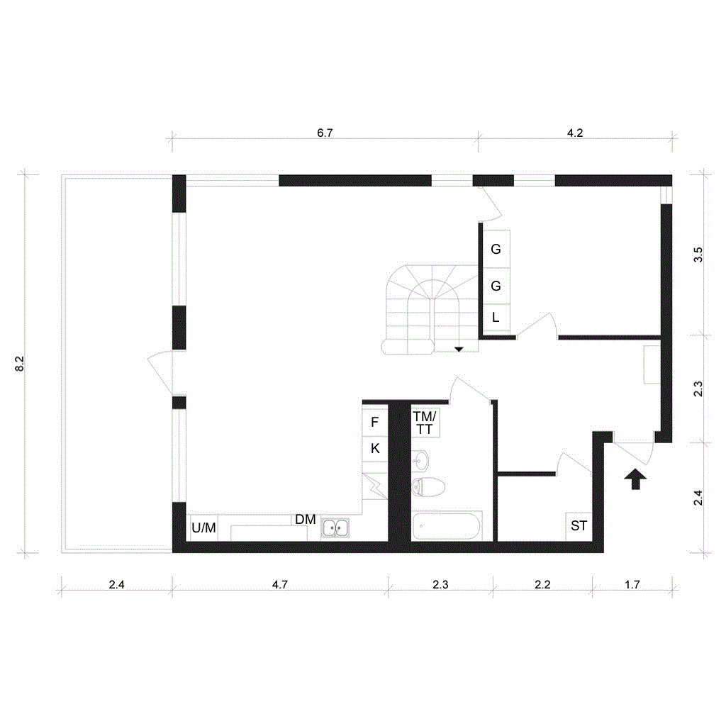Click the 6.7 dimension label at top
coord(325,133)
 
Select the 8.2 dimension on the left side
coord(19,364)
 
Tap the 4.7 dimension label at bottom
coord(279,585)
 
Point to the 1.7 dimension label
coord(632,585)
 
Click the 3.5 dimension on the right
coord(698,255)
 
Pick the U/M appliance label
coord(203,527)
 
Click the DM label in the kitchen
coord(306,520)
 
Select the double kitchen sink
coord(335,528)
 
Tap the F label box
coord(375,423)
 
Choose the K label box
coord(375,448)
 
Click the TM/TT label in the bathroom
coord(425,423)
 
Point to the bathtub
coord(447,526)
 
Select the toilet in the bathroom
coord(428,487)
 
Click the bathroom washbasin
coord(420,460)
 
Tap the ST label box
coord(579,526)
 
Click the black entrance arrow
coord(635,479)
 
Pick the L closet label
coord(496,318)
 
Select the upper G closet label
coord(496,249)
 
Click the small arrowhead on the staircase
coord(459,349)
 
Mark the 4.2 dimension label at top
coord(574,133)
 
